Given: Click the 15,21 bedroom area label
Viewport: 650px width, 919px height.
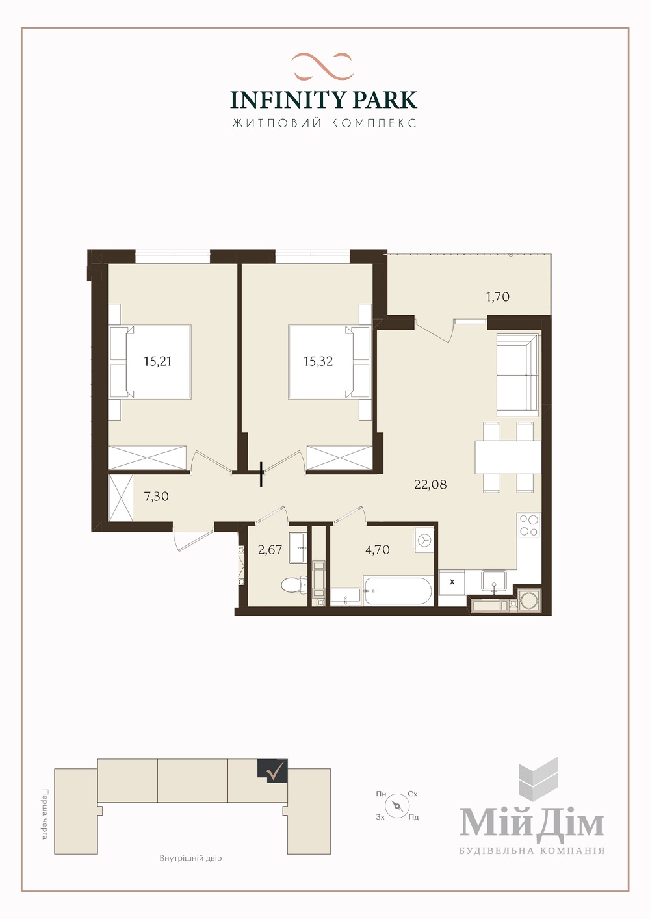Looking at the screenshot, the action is (157, 361).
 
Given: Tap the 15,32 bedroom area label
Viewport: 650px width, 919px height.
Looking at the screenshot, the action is (318, 361).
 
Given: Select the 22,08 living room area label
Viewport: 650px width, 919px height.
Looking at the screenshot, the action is (430, 485).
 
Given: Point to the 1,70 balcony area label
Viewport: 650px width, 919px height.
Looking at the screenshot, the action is (498, 296).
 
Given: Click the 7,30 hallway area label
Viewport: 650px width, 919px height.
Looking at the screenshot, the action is (157, 497).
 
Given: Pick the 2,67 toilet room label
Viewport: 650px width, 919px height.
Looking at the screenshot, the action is (270, 550).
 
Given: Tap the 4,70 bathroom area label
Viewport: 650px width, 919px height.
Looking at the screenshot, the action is (378, 550).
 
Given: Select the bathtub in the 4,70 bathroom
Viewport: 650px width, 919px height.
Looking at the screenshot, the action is (398, 591).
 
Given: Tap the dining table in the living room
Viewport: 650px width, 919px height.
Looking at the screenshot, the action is (508, 457).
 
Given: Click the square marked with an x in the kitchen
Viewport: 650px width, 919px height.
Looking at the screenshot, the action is (452, 582).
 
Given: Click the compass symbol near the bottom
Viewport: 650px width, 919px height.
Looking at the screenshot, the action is (396, 805).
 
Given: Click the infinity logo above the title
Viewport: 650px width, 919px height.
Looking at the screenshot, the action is (322, 66).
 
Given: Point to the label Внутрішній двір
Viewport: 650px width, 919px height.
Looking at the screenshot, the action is (191, 859).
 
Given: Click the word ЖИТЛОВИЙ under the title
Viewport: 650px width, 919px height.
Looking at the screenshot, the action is (277, 123).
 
